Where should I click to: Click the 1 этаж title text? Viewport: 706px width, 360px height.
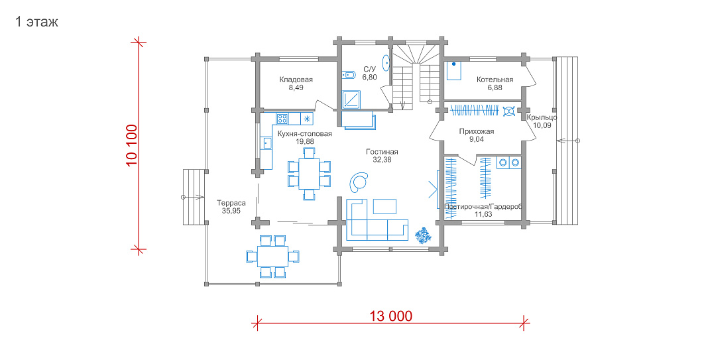click(x=36, y=22)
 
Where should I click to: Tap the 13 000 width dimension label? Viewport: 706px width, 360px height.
click(x=391, y=316)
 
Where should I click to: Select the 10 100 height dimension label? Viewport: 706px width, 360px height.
click(x=131, y=145)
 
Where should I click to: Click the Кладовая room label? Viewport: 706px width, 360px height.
click(x=296, y=80)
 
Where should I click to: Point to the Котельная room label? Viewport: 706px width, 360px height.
click(x=495, y=80)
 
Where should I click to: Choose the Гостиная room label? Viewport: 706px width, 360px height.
click(x=382, y=152)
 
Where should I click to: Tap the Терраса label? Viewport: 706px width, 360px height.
click(x=231, y=203)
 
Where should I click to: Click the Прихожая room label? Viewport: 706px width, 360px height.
click(x=477, y=131)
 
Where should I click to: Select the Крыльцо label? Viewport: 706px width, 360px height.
click(x=542, y=117)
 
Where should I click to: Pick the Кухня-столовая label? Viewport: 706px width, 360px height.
click(x=304, y=134)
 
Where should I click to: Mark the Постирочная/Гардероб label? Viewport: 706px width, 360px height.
click(x=483, y=207)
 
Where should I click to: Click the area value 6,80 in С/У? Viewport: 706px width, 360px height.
click(x=369, y=77)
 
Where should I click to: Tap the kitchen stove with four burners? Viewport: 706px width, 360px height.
click(x=282, y=119)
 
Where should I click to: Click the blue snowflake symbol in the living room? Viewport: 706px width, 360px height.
click(x=423, y=235)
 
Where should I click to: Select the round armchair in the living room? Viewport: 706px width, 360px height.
click(x=359, y=181)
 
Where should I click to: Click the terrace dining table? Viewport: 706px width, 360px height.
click(x=272, y=256)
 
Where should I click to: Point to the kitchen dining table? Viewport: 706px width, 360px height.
click(x=308, y=174)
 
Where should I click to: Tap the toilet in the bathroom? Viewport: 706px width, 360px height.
click(x=349, y=75)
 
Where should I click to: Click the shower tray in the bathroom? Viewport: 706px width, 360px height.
click(x=351, y=99)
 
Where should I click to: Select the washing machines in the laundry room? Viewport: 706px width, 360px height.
click(x=509, y=162)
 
